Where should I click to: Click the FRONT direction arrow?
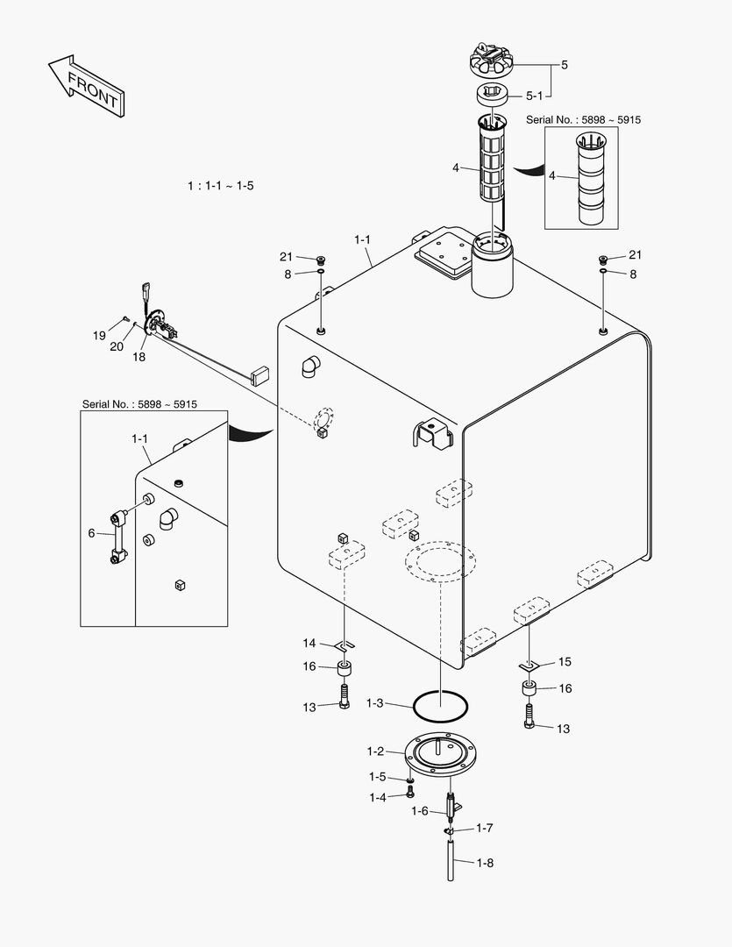tap(85, 85)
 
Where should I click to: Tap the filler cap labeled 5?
tap(495, 62)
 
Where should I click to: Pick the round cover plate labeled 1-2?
tap(445, 753)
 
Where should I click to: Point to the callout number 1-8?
tap(484, 863)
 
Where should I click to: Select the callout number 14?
tap(309, 644)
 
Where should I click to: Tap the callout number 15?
tap(565, 662)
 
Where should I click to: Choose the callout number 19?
tap(99, 335)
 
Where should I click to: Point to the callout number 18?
tap(139, 357)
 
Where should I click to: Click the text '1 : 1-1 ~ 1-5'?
tap(220, 186)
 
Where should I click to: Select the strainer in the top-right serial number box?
tap(590, 179)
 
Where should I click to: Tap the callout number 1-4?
tap(378, 797)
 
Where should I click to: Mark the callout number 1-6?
tap(420, 811)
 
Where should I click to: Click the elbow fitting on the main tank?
tap(311, 367)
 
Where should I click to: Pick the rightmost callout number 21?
tap(635, 255)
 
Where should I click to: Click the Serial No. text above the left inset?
tap(139, 404)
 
